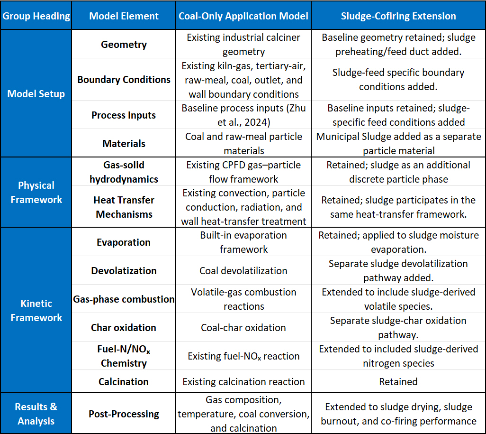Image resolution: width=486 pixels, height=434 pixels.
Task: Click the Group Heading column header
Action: tap(36, 16)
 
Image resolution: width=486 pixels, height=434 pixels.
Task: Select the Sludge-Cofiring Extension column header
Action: tap(398, 16)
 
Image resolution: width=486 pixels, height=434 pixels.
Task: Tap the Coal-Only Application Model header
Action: tap(243, 16)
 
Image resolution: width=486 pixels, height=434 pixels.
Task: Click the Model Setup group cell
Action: tap(36, 93)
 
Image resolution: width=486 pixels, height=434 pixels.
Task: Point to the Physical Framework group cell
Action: tap(36, 192)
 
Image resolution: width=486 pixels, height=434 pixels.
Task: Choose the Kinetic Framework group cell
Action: tap(36, 310)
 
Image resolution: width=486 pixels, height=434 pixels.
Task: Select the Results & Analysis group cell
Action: tap(36, 414)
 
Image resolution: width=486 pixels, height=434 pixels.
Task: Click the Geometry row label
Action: tap(124, 45)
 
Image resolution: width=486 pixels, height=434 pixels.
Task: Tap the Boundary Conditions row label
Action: tap(124, 80)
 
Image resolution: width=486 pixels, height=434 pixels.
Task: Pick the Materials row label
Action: tap(124, 143)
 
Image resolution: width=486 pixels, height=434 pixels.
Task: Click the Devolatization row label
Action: tap(124, 271)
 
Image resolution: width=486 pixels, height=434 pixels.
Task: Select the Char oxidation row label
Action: tap(123, 328)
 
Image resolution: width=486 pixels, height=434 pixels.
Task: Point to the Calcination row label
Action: tap(123, 381)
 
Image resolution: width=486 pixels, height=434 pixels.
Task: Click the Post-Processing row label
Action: tap(124, 414)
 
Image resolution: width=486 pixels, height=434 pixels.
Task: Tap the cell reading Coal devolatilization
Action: tap(243, 271)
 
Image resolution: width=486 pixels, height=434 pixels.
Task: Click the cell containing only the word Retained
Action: tap(398, 381)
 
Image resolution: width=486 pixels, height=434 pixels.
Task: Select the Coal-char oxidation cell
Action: tap(243, 328)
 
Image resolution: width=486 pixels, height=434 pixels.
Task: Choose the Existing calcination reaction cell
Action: tap(243, 381)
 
